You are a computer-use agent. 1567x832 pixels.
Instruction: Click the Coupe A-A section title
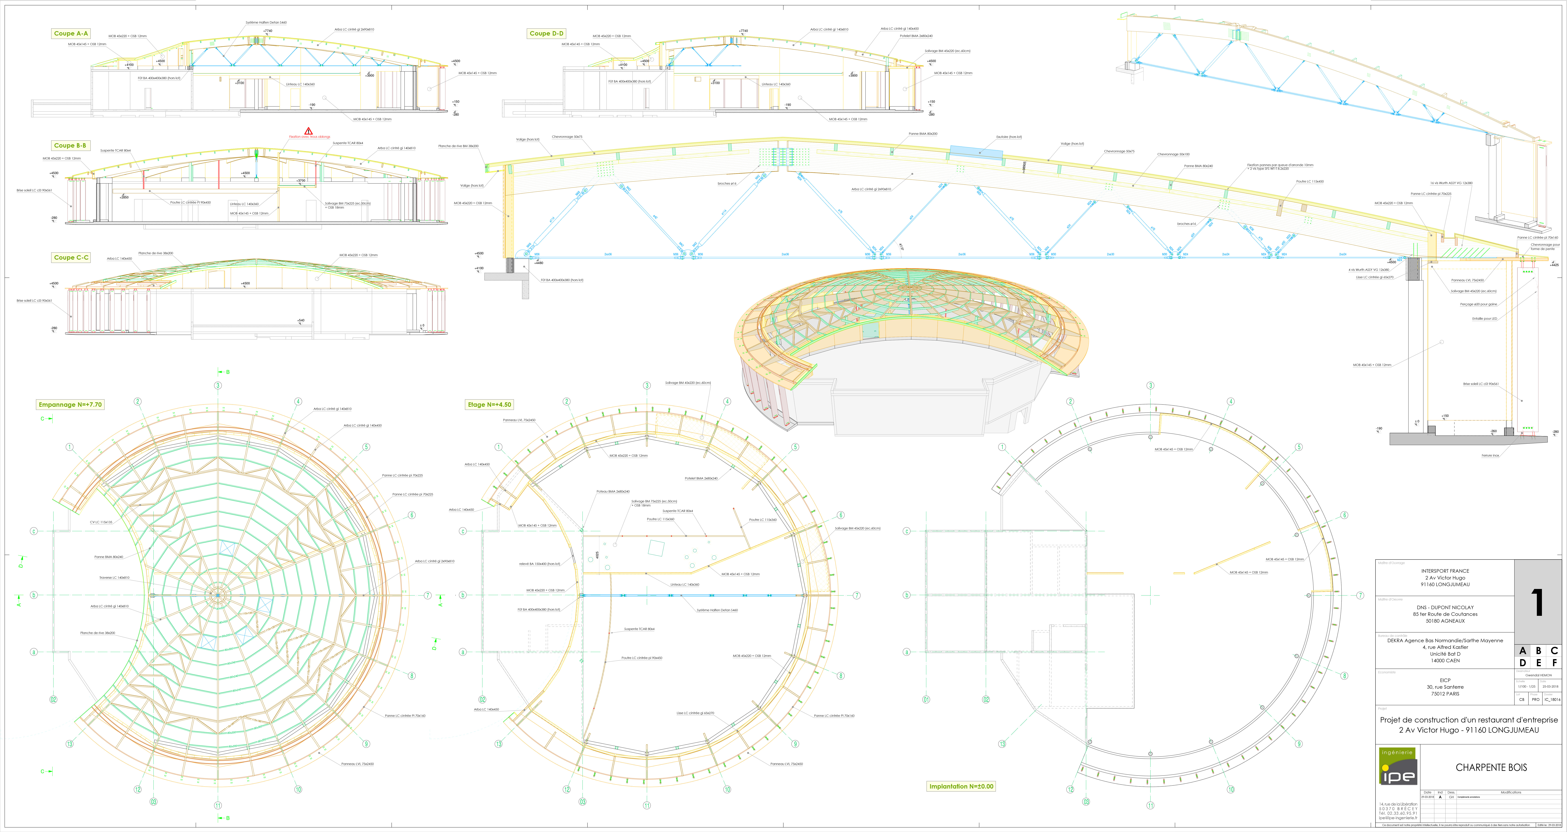(x=71, y=34)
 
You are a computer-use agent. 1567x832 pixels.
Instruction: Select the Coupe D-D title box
(x=546, y=34)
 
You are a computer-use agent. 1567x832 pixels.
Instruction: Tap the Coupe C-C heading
(x=71, y=257)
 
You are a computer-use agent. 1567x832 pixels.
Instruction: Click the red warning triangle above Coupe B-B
(x=308, y=131)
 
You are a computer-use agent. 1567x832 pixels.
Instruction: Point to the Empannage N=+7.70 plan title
(x=70, y=405)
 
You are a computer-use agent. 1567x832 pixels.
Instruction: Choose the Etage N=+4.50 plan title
(x=489, y=405)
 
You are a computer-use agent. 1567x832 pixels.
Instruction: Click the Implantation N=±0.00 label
(x=961, y=786)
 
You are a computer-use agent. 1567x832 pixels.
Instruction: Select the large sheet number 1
(x=1537, y=603)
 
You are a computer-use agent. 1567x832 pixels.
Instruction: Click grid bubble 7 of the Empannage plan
(x=428, y=595)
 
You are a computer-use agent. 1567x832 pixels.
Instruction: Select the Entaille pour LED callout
(x=1484, y=318)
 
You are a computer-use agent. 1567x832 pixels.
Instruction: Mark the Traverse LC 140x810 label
(x=114, y=578)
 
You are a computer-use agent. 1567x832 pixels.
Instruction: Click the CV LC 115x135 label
(x=101, y=522)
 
